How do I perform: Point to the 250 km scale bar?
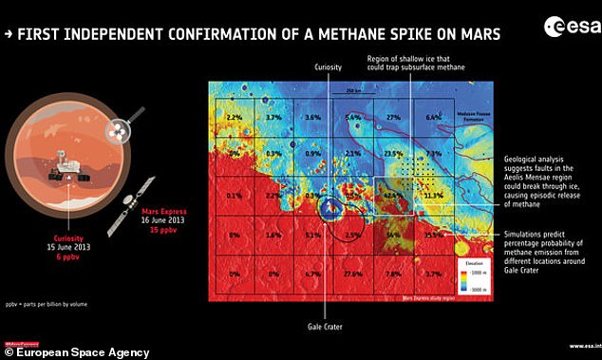coord(354,95)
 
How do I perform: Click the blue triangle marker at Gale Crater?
coord(329,206)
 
